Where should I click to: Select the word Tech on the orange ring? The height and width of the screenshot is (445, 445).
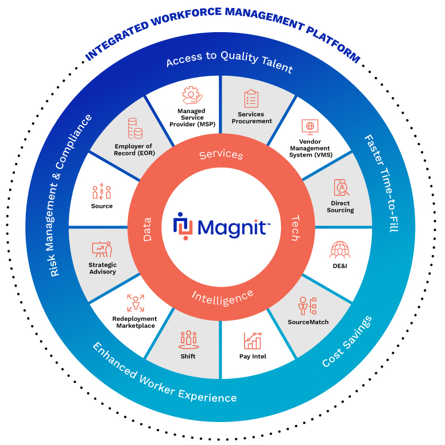coord(294,227)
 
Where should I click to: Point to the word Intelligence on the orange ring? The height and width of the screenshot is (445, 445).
coord(222,297)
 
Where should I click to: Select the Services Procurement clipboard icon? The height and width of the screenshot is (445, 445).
coord(251,99)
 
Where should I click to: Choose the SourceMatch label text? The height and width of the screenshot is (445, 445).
coord(308,322)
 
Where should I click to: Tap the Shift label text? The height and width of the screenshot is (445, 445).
coord(188,356)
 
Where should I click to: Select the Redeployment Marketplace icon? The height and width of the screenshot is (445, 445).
coord(136,303)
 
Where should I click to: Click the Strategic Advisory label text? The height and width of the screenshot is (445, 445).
coord(102,268)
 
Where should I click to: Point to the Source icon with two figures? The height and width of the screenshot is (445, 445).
coord(102,191)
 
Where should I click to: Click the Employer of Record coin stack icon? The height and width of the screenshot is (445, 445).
coord(136,129)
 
